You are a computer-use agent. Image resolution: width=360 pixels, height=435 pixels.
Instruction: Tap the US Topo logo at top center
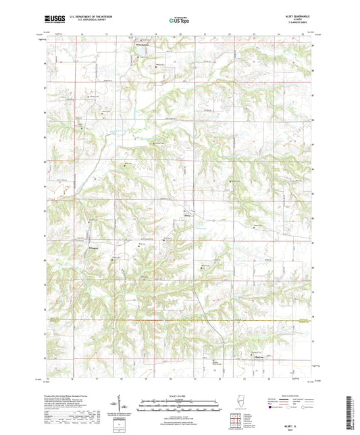(x=179, y=20)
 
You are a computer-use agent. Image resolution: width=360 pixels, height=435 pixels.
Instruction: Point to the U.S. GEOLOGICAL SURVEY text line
(x=85, y=20)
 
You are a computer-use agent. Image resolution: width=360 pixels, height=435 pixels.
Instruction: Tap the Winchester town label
(x=136, y=46)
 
